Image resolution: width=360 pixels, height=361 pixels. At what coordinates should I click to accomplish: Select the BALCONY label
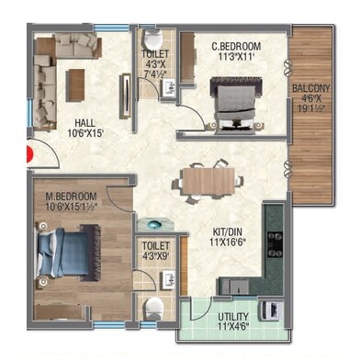[x=310, y=89]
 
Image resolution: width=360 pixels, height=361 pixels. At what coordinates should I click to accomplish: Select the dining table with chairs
[x=208, y=178]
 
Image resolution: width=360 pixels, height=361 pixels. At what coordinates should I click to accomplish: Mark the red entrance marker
[x=29, y=155]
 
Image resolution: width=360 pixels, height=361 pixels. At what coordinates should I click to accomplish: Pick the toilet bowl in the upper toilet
[x=154, y=40]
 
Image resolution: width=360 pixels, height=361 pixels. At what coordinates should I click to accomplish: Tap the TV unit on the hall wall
[x=126, y=91]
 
